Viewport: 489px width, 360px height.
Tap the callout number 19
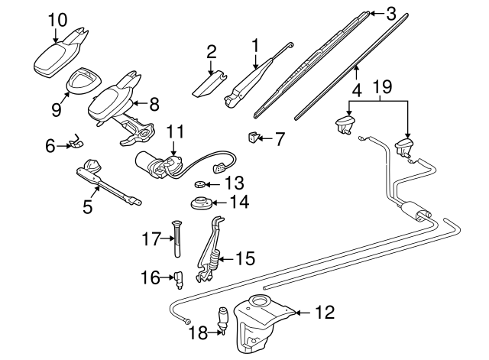point(384,86)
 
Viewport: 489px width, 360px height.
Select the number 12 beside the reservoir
point(325,313)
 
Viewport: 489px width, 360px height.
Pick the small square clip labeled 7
point(253,138)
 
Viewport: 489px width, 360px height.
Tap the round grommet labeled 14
point(202,206)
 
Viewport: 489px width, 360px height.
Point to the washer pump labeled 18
point(225,319)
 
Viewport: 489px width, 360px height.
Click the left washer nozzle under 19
point(345,125)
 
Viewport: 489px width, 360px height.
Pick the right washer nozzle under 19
point(404,148)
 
